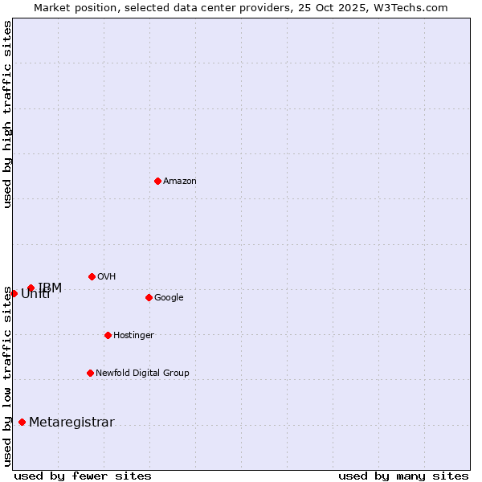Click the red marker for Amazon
(157, 181)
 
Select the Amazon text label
(180, 182)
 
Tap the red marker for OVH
(92, 276)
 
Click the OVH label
(107, 277)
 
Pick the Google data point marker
(149, 297)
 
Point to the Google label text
(169, 298)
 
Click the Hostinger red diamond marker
(108, 335)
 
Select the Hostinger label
(133, 336)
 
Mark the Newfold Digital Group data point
(90, 373)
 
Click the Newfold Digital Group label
(142, 374)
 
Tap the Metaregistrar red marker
(22, 422)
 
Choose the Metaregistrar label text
(71, 423)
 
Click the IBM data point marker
(31, 288)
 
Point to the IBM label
(50, 288)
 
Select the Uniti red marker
(14, 293)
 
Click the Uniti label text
(35, 295)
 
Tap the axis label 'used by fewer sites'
(83, 476)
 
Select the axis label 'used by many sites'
(403, 476)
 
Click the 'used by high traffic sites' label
(7, 114)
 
